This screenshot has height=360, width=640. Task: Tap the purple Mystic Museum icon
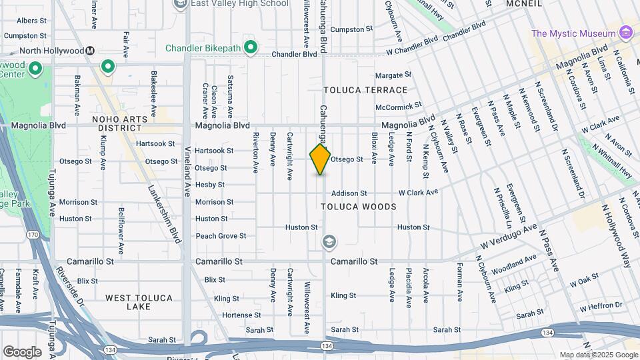point(625,33)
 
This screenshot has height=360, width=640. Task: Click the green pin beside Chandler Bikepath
point(250,47)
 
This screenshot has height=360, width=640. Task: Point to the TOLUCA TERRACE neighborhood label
point(365,90)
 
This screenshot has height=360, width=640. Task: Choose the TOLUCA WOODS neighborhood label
point(359,207)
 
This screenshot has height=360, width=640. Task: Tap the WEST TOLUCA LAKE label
point(139,302)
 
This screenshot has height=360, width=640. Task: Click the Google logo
point(22,352)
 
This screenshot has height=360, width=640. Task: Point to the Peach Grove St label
point(221,236)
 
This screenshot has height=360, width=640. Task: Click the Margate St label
point(389,75)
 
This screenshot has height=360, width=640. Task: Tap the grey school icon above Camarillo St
point(329,241)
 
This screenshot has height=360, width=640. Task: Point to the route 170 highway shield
point(33,234)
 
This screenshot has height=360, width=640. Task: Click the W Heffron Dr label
point(600,307)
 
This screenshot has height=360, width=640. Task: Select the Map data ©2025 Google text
point(599,355)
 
